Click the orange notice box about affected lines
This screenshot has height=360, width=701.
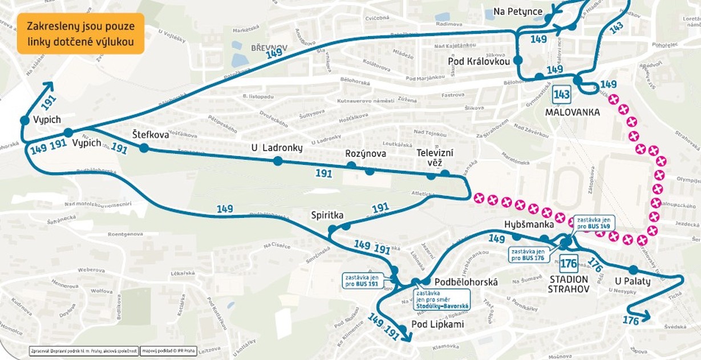(x=80, y=34)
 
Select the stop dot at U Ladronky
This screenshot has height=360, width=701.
(x=278, y=161)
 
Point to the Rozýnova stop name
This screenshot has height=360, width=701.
(x=366, y=153)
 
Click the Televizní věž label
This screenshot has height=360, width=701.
(x=435, y=157)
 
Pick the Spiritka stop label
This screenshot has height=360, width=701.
(x=327, y=215)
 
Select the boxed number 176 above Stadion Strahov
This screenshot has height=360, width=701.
(x=569, y=263)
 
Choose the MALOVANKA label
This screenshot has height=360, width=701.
(x=572, y=112)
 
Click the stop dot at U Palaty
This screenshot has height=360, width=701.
(x=633, y=270)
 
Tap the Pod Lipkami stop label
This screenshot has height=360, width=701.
(x=437, y=325)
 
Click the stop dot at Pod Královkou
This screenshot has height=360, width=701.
(x=518, y=60)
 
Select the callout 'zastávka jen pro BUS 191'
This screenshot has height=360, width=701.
(x=362, y=280)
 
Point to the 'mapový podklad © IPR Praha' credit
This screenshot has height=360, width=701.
(x=169, y=351)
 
